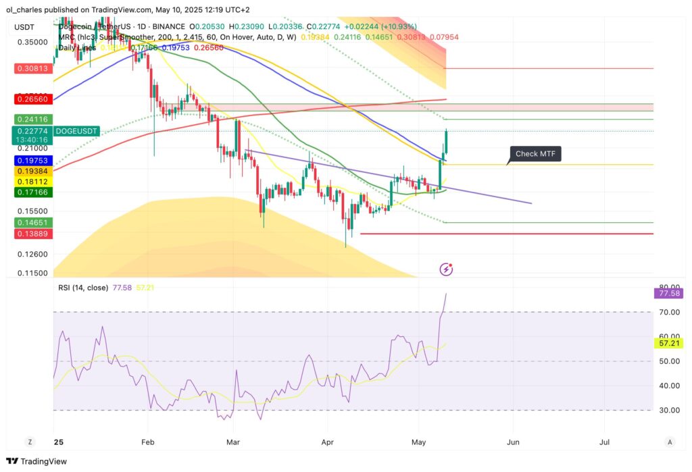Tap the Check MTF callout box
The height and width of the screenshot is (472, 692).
pos(536,154)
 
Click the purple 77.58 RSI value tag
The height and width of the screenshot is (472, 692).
pos(669,293)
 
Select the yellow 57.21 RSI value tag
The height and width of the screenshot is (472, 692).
pos(669,344)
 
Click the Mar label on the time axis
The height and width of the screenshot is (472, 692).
pos(233,442)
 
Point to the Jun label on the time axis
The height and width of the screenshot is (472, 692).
pos(513,442)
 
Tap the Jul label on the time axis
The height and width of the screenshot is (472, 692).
pos(605,442)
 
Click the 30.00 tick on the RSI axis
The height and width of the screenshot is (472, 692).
pos(669,410)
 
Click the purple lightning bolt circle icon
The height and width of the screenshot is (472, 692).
pos(446,269)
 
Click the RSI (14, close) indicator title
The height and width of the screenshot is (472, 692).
pos(83,288)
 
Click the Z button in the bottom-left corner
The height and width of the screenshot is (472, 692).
pos(30,442)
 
